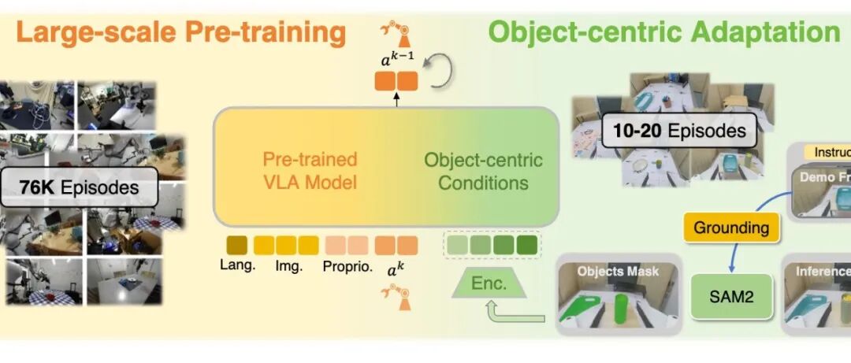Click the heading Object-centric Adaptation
click(x=663, y=32)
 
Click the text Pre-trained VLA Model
click(x=310, y=171)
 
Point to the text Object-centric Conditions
click(x=483, y=171)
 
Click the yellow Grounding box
click(x=731, y=228)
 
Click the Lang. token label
click(x=237, y=265)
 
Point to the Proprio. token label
click(x=346, y=265)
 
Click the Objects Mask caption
click(x=618, y=271)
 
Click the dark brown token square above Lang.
click(x=237, y=245)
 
